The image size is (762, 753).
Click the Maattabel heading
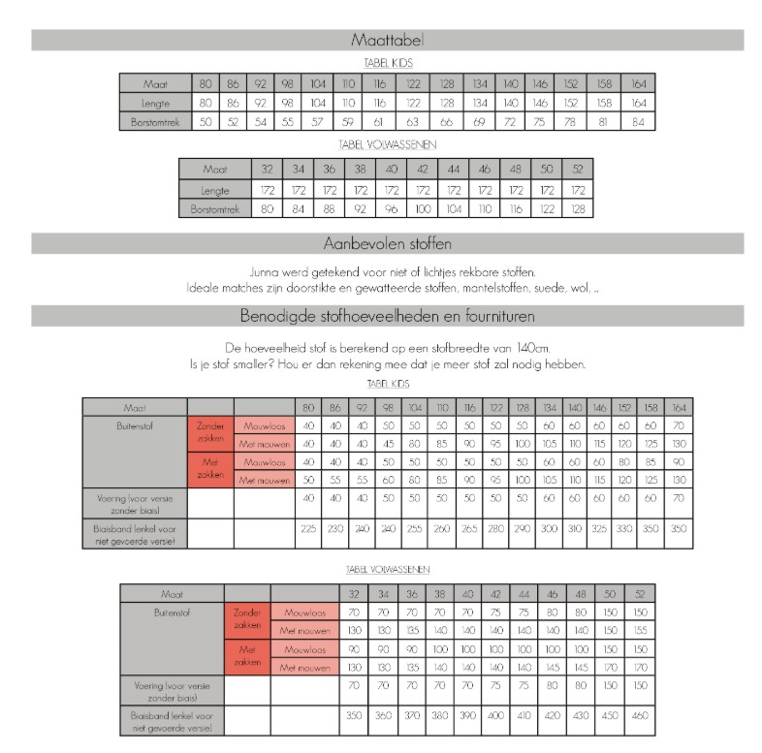coord(387,41)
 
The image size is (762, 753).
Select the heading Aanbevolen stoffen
coord(387,243)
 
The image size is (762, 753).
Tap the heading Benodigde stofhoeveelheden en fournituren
coord(387,316)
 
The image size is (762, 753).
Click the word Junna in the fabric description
coord(266,271)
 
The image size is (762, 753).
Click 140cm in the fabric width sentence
coord(531,347)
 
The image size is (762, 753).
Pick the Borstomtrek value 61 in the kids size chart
coord(380,122)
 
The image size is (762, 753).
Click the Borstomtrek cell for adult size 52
coord(578,208)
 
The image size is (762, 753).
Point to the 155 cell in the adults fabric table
coord(640,630)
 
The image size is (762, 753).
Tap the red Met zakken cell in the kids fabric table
coord(209,469)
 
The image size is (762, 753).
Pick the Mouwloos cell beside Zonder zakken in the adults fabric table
coord(304,612)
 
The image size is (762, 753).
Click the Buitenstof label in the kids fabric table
coord(135,424)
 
